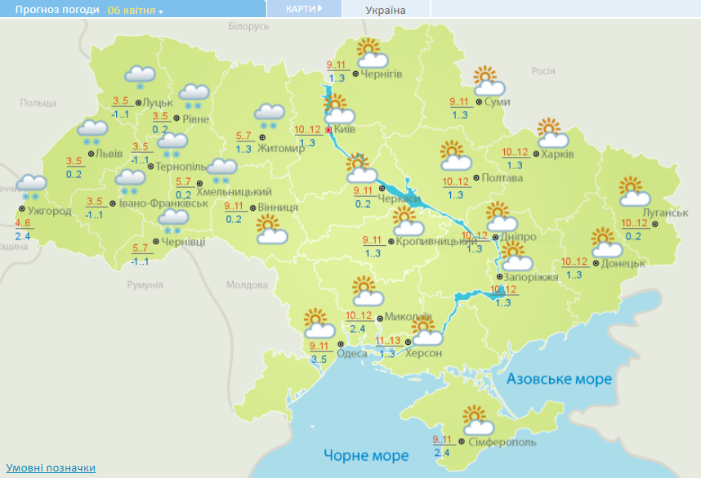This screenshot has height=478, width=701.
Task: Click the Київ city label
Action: (345, 129)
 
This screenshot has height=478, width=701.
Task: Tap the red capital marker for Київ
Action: (328, 129)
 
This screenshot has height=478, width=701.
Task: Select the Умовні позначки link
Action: (51, 467)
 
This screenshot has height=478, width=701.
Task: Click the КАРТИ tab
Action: (303, 9)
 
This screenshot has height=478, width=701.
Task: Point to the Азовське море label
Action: (559, 379)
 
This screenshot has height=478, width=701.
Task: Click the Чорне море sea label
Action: (366, 455)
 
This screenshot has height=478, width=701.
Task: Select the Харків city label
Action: (558, 154)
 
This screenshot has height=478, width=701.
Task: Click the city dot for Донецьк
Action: (596, 263)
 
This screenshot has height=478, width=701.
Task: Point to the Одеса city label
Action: (352, 353)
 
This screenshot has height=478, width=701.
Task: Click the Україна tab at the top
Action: (385, 10)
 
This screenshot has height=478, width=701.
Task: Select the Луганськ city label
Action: (666, 213)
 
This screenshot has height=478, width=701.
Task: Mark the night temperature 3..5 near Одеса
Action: (319, 358)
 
